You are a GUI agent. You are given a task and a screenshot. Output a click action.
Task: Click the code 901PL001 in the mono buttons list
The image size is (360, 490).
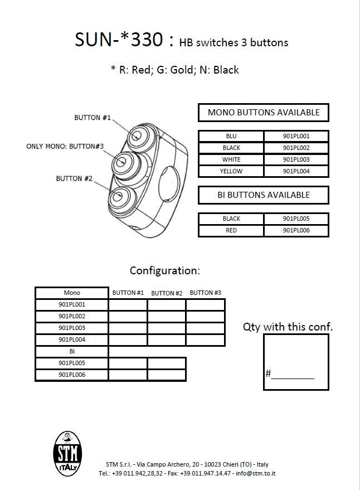296,136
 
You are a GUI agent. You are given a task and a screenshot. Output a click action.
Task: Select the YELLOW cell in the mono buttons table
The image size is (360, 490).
231,171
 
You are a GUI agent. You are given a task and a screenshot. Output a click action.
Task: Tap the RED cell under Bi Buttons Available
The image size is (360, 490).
231,230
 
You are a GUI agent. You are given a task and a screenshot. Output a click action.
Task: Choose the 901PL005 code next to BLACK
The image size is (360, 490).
296,219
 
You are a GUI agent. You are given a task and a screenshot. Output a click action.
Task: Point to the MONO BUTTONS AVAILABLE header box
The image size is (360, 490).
264,113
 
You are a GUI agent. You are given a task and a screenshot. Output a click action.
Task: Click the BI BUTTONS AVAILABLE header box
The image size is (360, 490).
264,195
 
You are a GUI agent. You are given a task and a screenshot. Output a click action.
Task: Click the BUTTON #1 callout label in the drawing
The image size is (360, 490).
93,118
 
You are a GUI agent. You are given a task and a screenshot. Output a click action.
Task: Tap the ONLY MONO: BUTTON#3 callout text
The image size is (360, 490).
65,147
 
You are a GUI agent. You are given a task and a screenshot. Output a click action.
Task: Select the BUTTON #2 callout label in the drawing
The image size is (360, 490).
74,178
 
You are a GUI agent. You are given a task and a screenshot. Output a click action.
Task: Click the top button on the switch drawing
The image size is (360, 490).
137,135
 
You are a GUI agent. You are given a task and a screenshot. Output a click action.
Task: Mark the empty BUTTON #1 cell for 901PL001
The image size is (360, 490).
128,305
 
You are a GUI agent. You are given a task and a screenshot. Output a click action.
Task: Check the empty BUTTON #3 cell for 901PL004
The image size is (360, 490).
205,339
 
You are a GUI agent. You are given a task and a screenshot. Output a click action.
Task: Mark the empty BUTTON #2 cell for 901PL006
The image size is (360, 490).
166,375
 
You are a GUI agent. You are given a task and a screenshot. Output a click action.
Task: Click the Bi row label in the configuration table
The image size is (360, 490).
72,352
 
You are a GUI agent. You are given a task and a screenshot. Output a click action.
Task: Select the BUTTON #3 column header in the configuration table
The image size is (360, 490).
205,293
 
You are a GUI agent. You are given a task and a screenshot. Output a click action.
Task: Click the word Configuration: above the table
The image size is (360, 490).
164,271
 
